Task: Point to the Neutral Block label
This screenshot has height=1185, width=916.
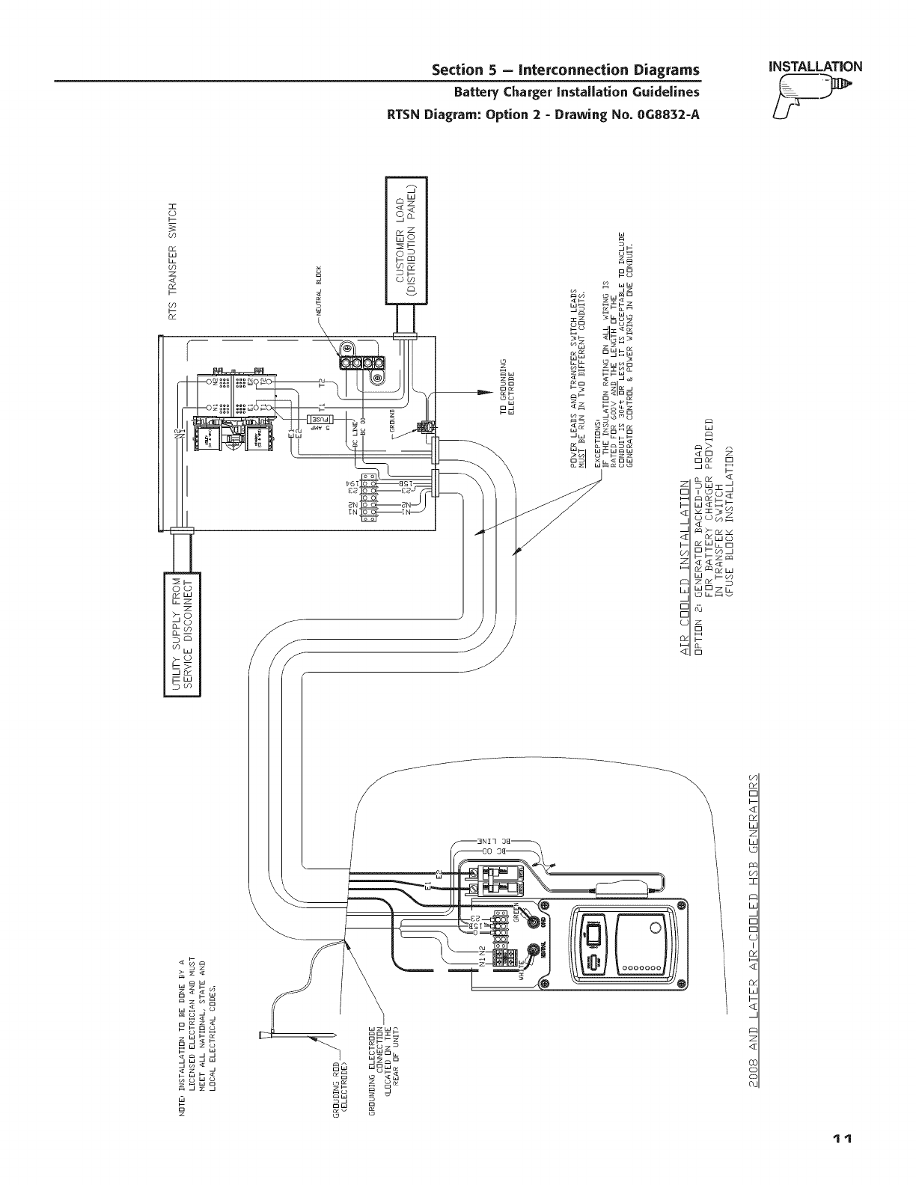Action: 319,291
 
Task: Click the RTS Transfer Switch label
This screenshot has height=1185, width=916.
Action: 174,260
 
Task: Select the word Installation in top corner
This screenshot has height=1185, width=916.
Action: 811,65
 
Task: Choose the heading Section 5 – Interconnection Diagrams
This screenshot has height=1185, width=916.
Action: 566,70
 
